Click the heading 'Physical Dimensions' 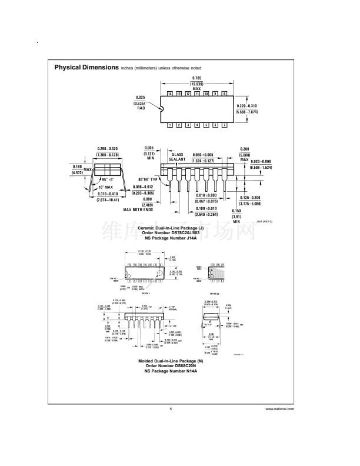point(86,67)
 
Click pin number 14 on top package point(169,94)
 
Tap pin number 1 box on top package point(169,125)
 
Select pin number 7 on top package point(224,125)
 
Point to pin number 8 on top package point(224,94)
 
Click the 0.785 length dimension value point(196,79)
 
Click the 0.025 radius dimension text point(141,97)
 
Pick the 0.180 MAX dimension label point(77,167)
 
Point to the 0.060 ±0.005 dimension point(202,155)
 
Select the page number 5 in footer point(171,408)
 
